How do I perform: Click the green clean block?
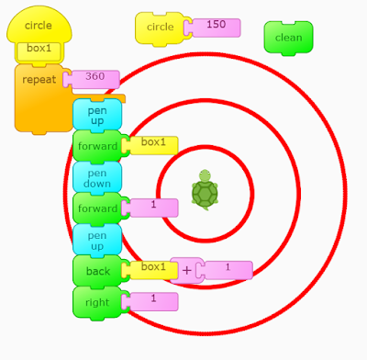point(288,37)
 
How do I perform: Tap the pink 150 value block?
point(217,26)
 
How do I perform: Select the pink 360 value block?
point(95,78)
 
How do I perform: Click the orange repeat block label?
point(39,80)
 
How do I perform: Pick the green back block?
point(96,271)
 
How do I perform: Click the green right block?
point(96,301)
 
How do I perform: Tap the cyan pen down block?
point(96,175)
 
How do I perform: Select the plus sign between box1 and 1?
point(187,270)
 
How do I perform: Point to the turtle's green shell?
point(205,194)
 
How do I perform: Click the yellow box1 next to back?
point(152,269)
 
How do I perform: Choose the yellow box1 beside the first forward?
point(153,144)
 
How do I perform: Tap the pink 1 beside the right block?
point(153,300)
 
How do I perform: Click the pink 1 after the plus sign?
point(227,269)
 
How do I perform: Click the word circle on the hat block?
point(39,26)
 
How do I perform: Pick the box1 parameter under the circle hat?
point(39,49)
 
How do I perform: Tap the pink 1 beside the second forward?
point(153,207)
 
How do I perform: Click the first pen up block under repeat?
point(96,113)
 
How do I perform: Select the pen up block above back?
point(96,239)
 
